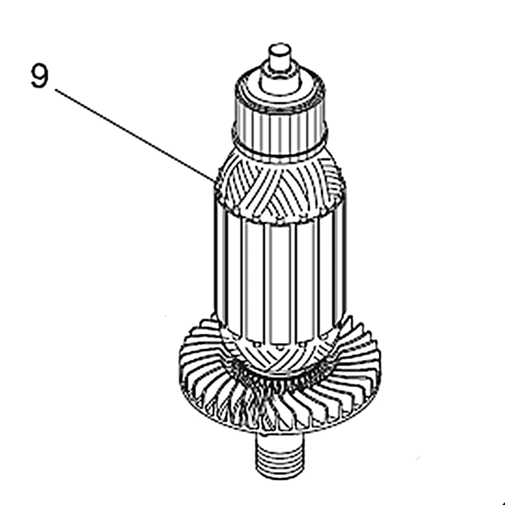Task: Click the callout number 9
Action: (39, 76)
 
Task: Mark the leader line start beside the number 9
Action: (55, 90)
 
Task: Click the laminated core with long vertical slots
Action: (278, 271)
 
